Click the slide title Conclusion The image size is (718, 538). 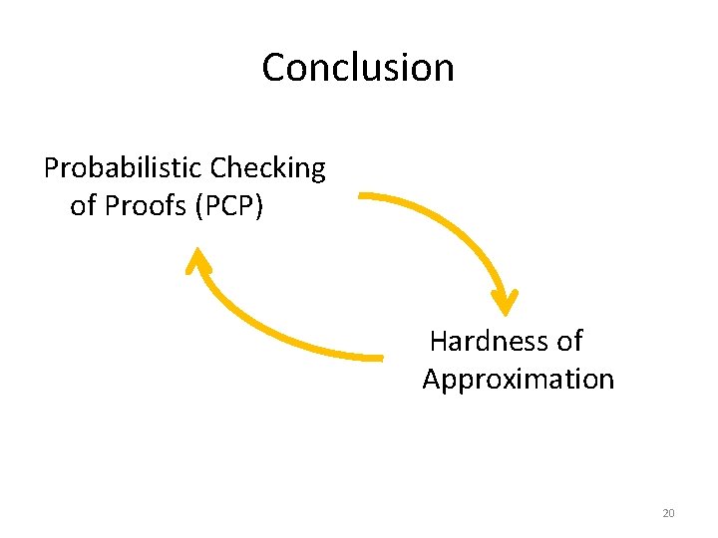358,68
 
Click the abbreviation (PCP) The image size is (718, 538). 230,206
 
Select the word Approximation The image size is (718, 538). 518,380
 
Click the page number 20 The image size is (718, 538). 668,513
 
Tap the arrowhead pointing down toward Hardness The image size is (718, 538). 506,301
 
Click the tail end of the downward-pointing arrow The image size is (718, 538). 362,196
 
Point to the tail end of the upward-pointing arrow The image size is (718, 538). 380,356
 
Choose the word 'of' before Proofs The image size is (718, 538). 83,206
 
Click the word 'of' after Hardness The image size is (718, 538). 569,342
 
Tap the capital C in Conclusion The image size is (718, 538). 274,68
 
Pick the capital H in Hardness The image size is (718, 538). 439,342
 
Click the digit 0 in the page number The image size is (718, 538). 671,513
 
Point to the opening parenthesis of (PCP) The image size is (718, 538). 199,206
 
